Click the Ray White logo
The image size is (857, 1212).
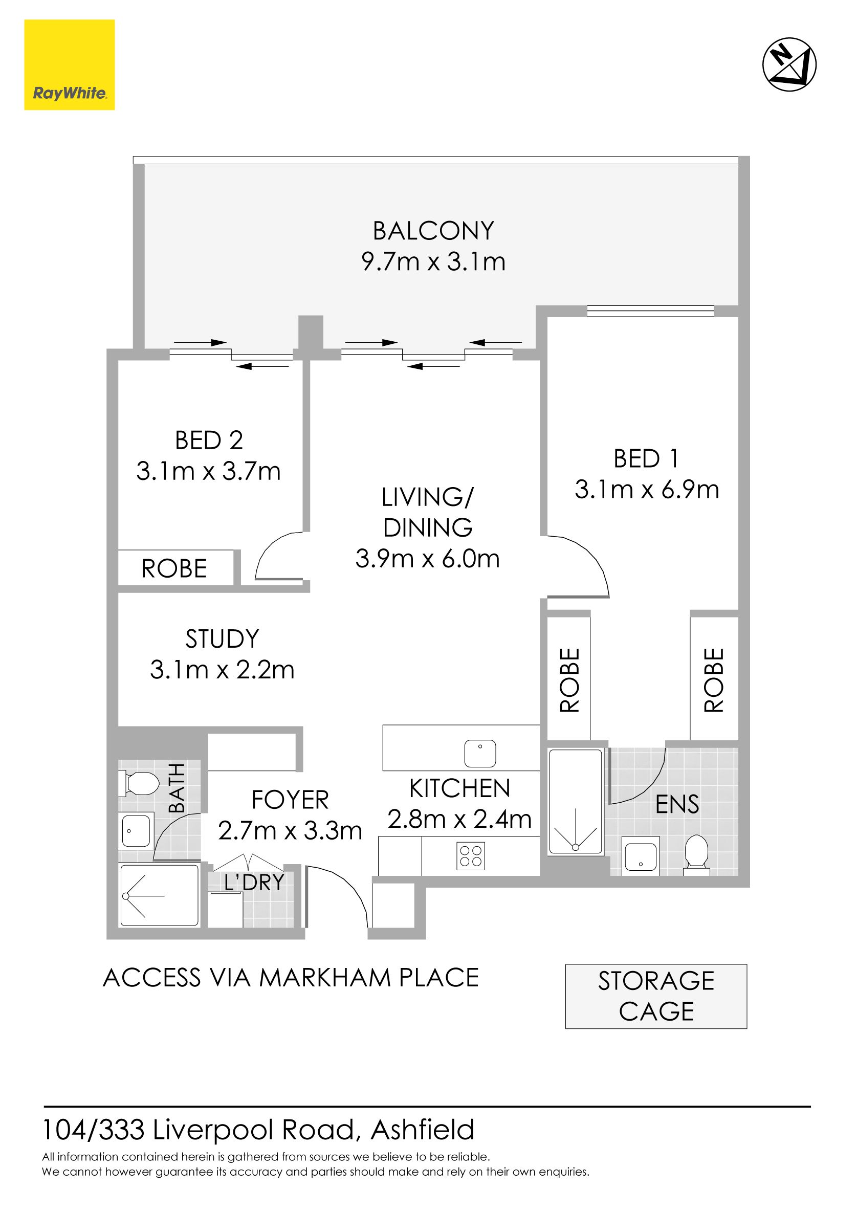69,65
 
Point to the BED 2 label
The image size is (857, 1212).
209,440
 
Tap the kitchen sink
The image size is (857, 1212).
480,753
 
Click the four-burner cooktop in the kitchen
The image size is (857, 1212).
471,856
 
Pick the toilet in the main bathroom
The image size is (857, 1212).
138,783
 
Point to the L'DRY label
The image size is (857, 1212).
254,882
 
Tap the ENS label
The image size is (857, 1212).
677,804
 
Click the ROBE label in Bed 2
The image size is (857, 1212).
174,568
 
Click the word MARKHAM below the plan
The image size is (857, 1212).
325,978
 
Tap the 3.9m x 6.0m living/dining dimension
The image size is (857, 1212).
427,559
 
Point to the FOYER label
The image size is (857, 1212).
290,800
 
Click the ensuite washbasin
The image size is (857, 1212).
640,854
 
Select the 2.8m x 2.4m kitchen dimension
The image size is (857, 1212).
459,819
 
